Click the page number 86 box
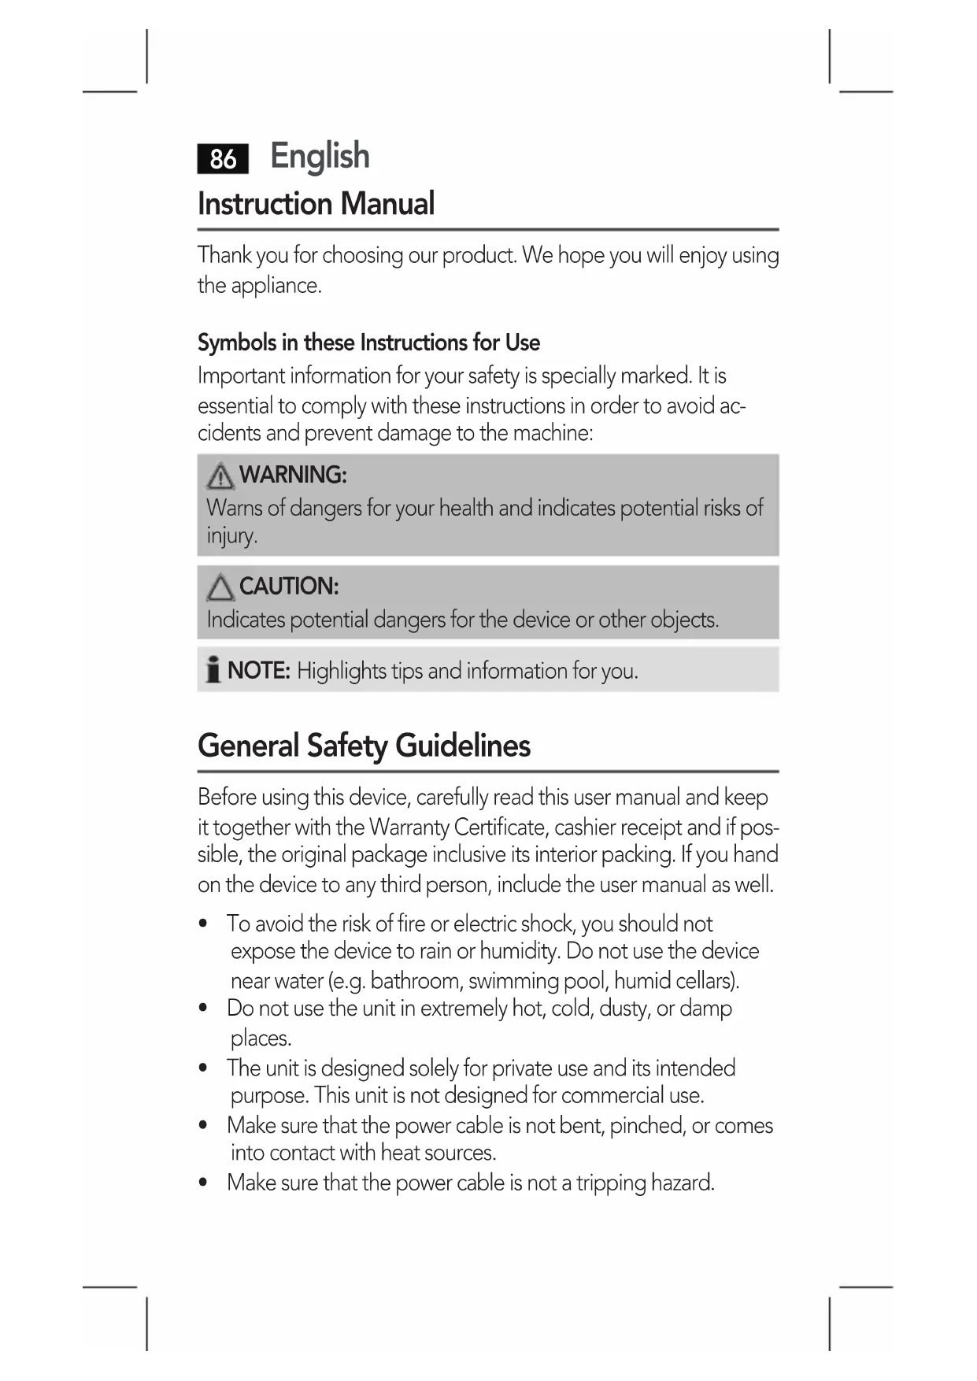pos(223,158)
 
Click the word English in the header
pos(320,156)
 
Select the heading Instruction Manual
pos(316,204)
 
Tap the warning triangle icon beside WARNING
pos(220,476)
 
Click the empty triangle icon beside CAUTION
pos(220,588)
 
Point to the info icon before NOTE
pos(213,669)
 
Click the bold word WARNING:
pos(293,475)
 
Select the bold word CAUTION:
pos(289,587)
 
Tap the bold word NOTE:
pos(259,671)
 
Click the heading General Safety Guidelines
pos(364,746)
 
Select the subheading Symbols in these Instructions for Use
pos(368,342)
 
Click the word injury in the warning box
pos(231,536)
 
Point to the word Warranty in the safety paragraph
pos(409,827)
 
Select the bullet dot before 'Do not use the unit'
pos(204,1009)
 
